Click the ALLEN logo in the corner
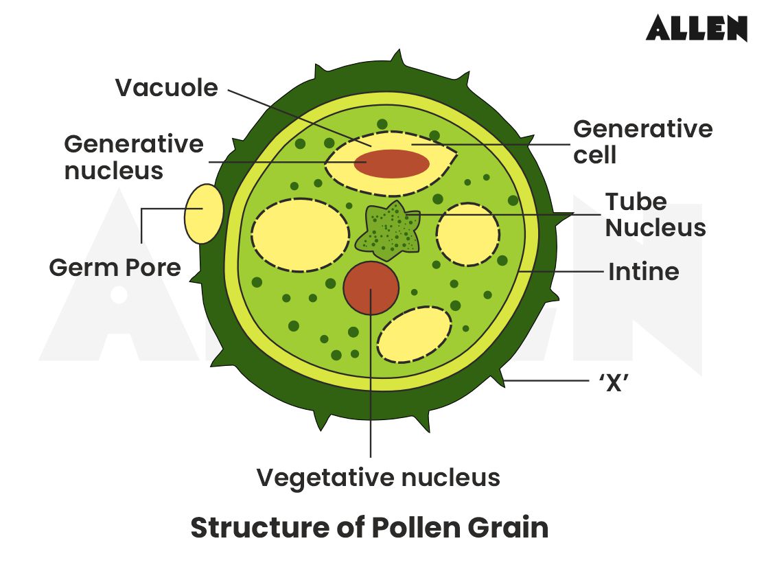click(696, 28)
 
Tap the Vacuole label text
click(166, 88)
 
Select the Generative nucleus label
click(134, 157)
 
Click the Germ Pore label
click(115, 268)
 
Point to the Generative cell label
click(642, 141)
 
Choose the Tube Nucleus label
click(655, 215)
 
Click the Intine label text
click(643, 272)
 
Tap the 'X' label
click(614, 383)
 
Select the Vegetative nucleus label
click(378, 477)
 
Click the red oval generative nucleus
click(392, 163)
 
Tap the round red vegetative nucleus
click(371, 288)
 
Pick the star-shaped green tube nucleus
click(389, 231)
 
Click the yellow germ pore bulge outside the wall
click(204, 213)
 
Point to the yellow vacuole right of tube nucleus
click(468, 234)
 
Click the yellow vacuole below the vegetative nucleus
click(415, 334)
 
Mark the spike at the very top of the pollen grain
click(394, 56)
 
